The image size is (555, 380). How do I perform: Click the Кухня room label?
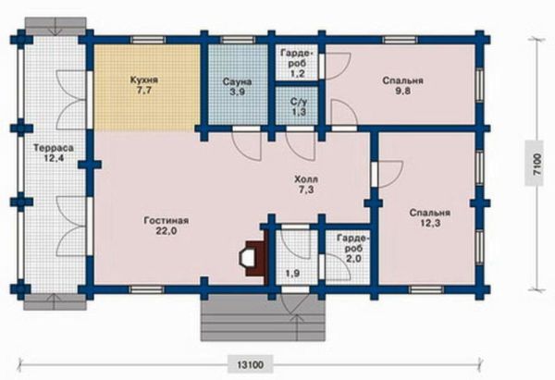(143, 80)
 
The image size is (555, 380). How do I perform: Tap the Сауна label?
(237, 82)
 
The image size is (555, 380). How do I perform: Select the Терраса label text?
(54, 148)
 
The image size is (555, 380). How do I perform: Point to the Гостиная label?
(166, 221)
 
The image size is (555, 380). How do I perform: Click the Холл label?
(306, 179)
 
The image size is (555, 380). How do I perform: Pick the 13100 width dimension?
(251, 364)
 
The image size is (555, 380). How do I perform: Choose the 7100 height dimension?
(537, 164)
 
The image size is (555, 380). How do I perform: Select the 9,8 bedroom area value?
(402, 92)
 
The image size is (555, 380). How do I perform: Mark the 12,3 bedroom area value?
(430, 224)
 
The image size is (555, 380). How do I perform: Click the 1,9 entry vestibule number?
(292, 273)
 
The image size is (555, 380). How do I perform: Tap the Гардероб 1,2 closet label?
(298, 63)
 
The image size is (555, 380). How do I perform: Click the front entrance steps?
(263, 318)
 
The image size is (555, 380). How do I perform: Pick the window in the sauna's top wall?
(237, 40)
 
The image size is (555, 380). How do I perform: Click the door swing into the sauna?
(247, 145)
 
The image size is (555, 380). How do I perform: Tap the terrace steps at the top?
(55, 27)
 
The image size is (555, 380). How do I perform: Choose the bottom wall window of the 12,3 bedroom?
(426, 289)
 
